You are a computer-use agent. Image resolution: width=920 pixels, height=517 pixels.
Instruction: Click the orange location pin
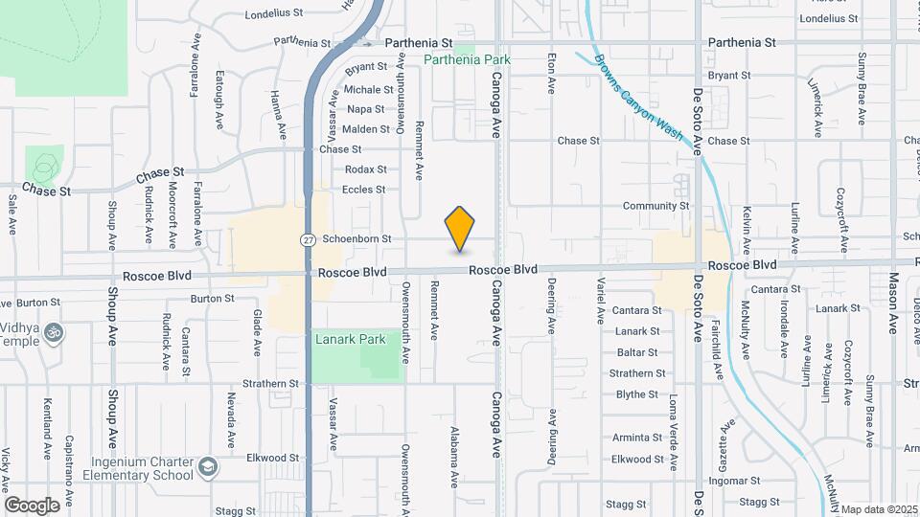(460, 229)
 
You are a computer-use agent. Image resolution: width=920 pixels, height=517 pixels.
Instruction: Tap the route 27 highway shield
(307, 239)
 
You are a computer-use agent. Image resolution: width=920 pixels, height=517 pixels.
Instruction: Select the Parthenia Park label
(468, 59)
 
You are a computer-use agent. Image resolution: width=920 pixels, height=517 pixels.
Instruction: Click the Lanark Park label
(350, 339)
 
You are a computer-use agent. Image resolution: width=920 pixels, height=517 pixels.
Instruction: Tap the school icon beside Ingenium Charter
(206, 468)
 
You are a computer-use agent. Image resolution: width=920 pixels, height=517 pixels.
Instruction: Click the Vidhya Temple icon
(55, 332)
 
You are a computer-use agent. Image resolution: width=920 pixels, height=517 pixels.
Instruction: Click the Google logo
(32, 505)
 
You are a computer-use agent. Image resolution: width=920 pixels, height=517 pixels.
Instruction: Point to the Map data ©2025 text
(879, 509)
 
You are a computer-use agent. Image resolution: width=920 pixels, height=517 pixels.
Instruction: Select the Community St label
(655, 206)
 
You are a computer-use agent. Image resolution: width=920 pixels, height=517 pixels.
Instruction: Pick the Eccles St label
(363, 190)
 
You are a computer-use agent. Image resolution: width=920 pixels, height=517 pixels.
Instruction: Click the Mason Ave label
(892, 303)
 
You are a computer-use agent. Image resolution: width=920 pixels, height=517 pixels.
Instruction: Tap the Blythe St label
(636, 394)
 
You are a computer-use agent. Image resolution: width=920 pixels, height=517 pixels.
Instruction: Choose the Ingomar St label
(735, 481)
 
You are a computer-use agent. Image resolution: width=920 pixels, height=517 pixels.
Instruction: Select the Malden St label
(365, 129)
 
